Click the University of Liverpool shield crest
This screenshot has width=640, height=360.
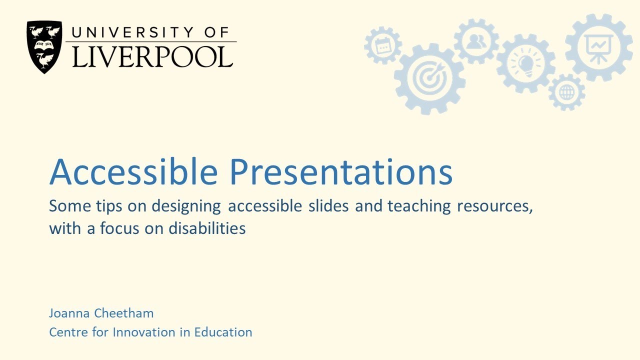(44, 46)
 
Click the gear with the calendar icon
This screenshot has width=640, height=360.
(383, 45)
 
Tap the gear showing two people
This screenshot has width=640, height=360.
(475, 41)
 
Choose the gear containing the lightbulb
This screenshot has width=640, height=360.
(525, 64)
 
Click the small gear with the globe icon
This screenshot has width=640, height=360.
(566, 92)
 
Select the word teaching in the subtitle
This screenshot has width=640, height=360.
(419, 206)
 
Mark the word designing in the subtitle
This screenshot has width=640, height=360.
(186, 206)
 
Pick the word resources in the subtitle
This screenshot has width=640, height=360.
(494, 206)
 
